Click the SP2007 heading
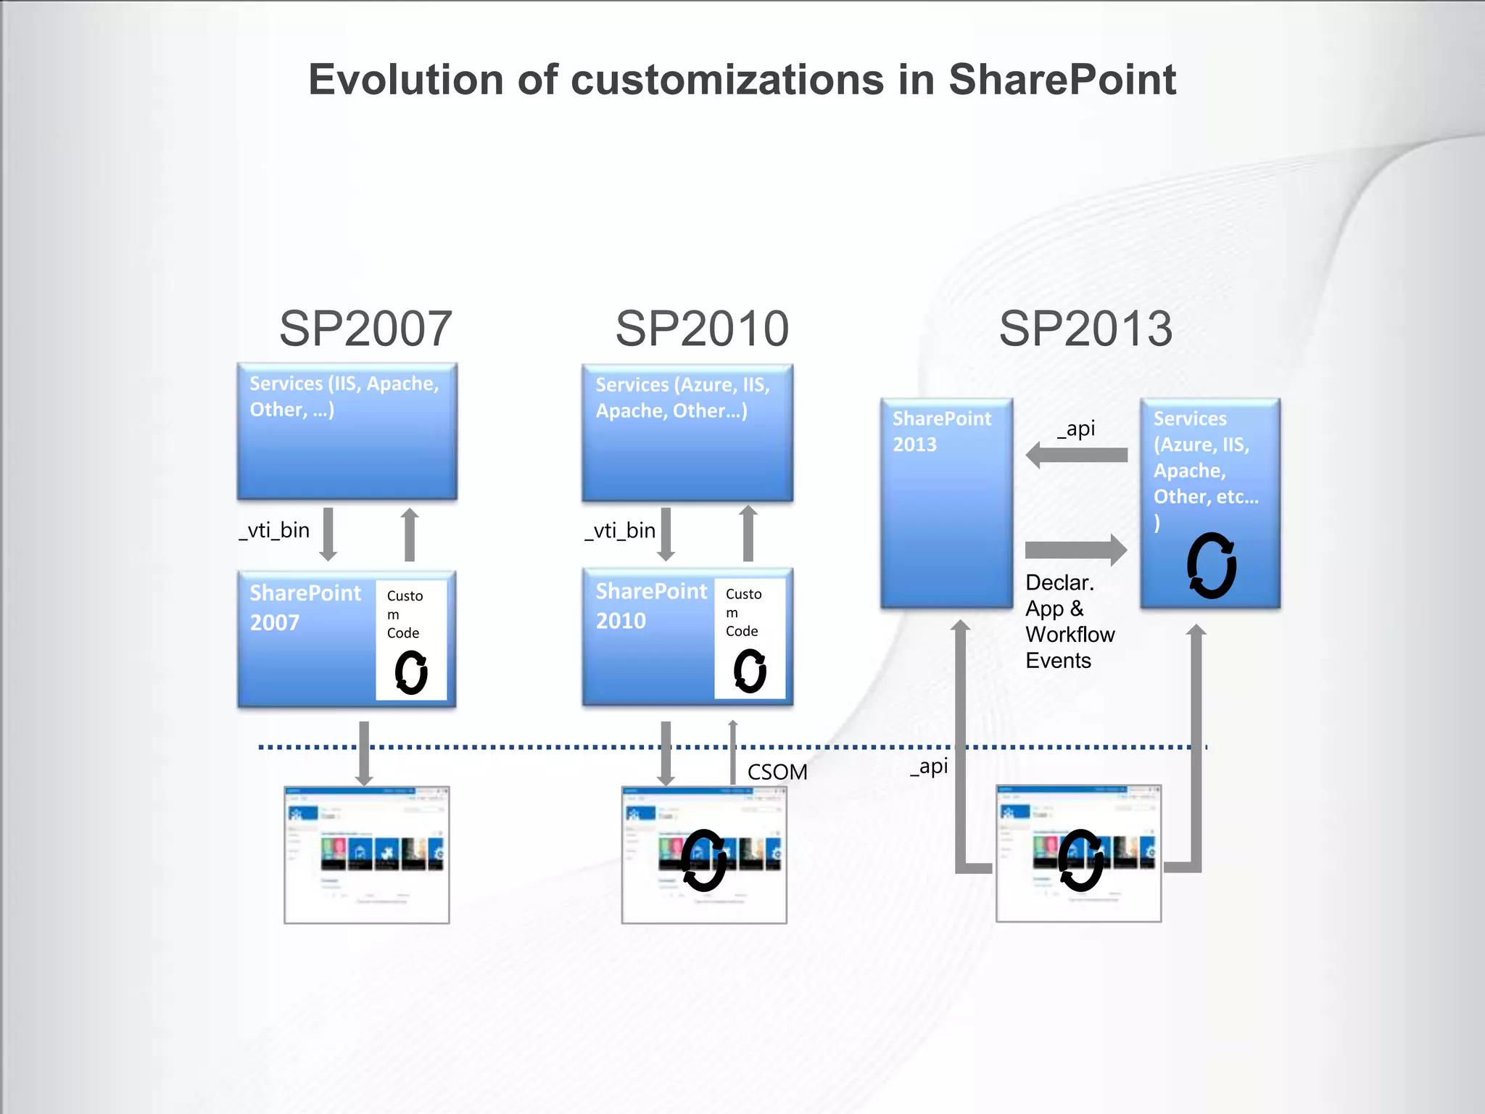point(365,329)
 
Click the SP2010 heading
point(702,329)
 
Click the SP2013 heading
point(1085,329)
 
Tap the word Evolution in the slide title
point(405,79)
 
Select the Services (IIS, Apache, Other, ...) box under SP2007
point(347,432)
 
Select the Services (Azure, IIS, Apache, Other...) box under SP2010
point(687,433)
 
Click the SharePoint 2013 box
point(946,503)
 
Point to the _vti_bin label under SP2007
point(275,530)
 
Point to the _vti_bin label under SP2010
point(621,530)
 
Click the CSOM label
point(777,772)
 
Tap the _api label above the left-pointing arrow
point(1076,429)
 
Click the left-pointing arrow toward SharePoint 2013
point(1077,455)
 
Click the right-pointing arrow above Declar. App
point(1076,550)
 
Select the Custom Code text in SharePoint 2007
point(404,614)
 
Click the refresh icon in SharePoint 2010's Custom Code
point(750,671)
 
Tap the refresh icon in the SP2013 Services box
point(1211,566)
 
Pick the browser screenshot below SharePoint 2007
point(367,854)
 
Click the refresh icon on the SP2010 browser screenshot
point(703,860)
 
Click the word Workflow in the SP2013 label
point(1070,635)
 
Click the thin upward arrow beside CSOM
point(733,751)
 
